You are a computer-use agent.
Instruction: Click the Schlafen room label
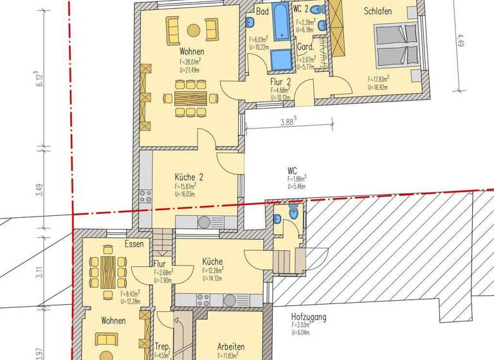[x=378, y=11]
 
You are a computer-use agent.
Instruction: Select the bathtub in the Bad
[x=282, y=22]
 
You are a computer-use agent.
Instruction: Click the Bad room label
[x=262, y=12]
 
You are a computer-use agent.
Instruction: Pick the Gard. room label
[x=305, y=48]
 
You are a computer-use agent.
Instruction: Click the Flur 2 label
[x=281, y=82]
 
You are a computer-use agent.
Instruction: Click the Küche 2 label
[x=189, y=177]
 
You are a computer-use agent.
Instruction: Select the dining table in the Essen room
[x=107, y=271]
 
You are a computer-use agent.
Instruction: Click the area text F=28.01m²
[x=192, y=62]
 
